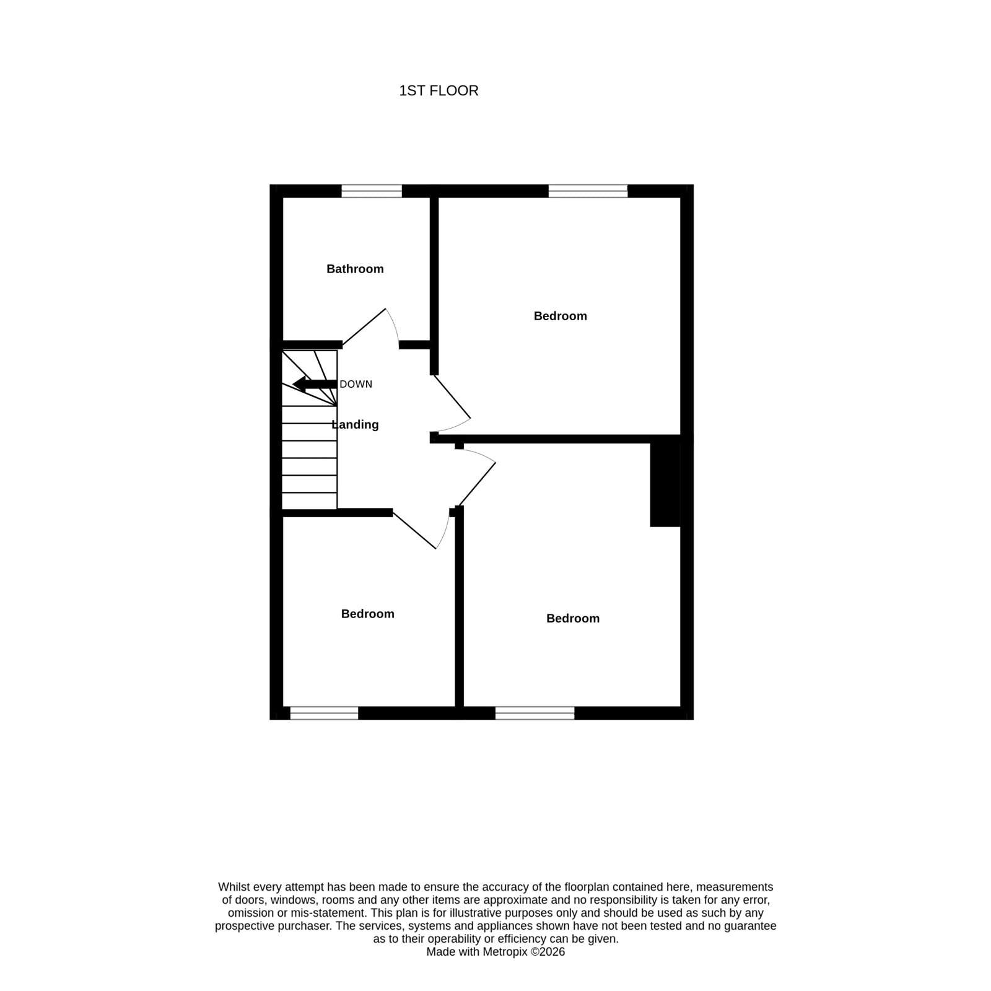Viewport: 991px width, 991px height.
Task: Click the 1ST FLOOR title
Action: point(439,91)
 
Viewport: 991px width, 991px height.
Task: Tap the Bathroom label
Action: point(355,269)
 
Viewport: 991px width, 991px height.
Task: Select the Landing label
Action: point(355,425)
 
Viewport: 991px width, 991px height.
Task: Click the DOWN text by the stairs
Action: point(356,384)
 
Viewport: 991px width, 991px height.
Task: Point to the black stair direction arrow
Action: point(315,384)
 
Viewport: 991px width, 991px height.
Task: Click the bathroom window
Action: point(372,191)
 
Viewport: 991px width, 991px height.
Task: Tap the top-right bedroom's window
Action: point(588,191)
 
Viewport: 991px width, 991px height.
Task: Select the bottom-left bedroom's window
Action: point(324,713)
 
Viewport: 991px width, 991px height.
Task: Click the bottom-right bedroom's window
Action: point(535,713)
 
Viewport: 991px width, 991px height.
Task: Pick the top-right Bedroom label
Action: point(561,316)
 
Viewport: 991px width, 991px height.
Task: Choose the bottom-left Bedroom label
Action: point(368,614)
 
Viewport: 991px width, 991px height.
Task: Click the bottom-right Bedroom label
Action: point(573,618)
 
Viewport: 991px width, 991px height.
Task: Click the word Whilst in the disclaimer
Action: point(233,887)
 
